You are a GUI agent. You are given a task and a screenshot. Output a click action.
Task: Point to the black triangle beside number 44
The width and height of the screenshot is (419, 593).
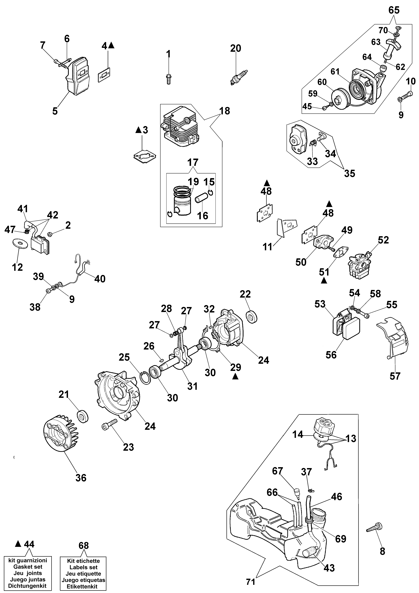tap(18, 544)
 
